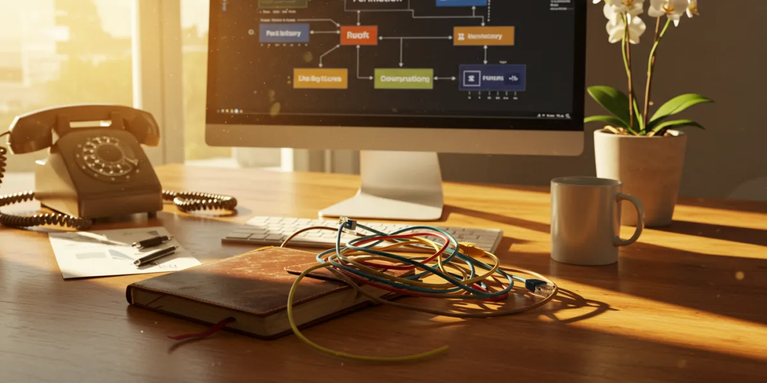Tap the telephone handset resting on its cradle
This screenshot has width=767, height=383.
(83, 121)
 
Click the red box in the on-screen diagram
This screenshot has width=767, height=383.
(358, 35)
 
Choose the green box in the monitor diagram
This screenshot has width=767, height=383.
(403, 79)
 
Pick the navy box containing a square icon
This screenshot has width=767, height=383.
(492, 78)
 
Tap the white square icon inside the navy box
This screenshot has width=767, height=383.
(471, 79)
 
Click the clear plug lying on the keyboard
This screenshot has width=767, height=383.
(348, 223)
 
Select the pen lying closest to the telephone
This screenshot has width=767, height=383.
(152, 241)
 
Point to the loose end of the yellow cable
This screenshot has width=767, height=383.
(441, 349)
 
